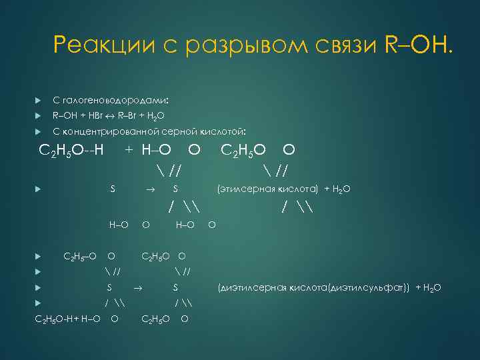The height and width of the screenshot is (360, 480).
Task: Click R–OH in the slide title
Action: [x=417, y=45]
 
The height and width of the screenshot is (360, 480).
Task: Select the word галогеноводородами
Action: [x=116, y=100]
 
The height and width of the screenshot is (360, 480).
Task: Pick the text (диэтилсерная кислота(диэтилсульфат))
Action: [x=314, y=288]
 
